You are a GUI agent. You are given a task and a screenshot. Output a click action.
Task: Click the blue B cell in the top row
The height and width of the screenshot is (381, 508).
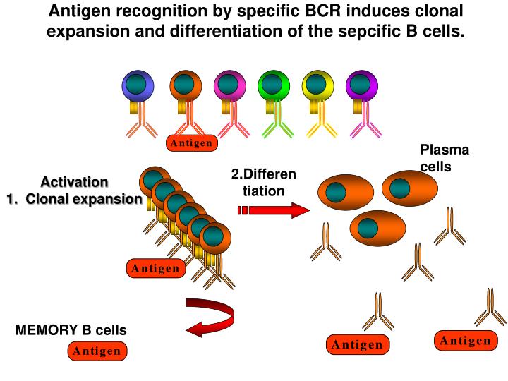coord(138,86)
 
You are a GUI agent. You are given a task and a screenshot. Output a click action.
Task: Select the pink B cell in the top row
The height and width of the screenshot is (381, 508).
coord(227,86)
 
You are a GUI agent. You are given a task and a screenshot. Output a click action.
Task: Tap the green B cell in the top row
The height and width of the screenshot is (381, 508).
coord(273,86)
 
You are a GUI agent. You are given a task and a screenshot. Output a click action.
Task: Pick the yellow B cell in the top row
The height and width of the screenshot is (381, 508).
coord(317,86)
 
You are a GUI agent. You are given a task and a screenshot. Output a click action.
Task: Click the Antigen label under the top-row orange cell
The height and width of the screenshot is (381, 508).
coord(192,143)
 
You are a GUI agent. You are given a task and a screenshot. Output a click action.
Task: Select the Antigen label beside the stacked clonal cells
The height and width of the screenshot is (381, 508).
coord(155,269)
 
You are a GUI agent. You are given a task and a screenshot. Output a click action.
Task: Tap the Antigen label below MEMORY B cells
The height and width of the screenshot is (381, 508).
coord(97,351)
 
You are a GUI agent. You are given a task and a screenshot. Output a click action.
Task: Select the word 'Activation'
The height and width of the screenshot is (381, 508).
coord(74,182)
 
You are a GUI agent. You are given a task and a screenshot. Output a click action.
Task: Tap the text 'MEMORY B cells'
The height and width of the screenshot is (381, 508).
coord(71,330)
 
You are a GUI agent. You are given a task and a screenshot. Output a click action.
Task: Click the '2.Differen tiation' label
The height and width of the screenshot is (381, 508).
coord(263,183)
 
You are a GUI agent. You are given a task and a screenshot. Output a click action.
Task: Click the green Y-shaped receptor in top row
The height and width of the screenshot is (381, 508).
coord(277,125)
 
